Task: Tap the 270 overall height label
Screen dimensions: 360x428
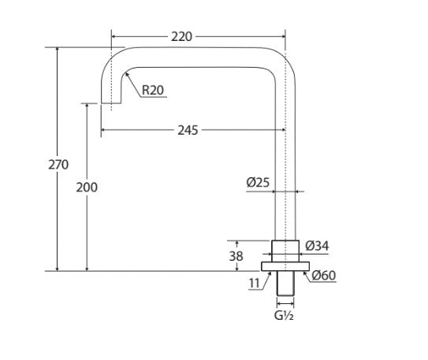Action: coord(58,165)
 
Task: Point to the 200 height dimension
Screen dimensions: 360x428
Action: coord(87,187)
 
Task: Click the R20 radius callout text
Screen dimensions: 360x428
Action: coord(153,90)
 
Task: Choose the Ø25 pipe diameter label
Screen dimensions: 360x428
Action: coord(258,182)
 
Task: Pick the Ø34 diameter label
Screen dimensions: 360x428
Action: coord(316,246)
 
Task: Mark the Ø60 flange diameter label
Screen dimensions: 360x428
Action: coord(323,275)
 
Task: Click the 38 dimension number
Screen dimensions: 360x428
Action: coord(236,255)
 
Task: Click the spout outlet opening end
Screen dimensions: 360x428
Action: coord(110,102)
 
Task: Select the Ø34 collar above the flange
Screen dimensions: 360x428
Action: coord(285,249)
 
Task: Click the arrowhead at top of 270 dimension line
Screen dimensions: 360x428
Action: coord(58,50)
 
